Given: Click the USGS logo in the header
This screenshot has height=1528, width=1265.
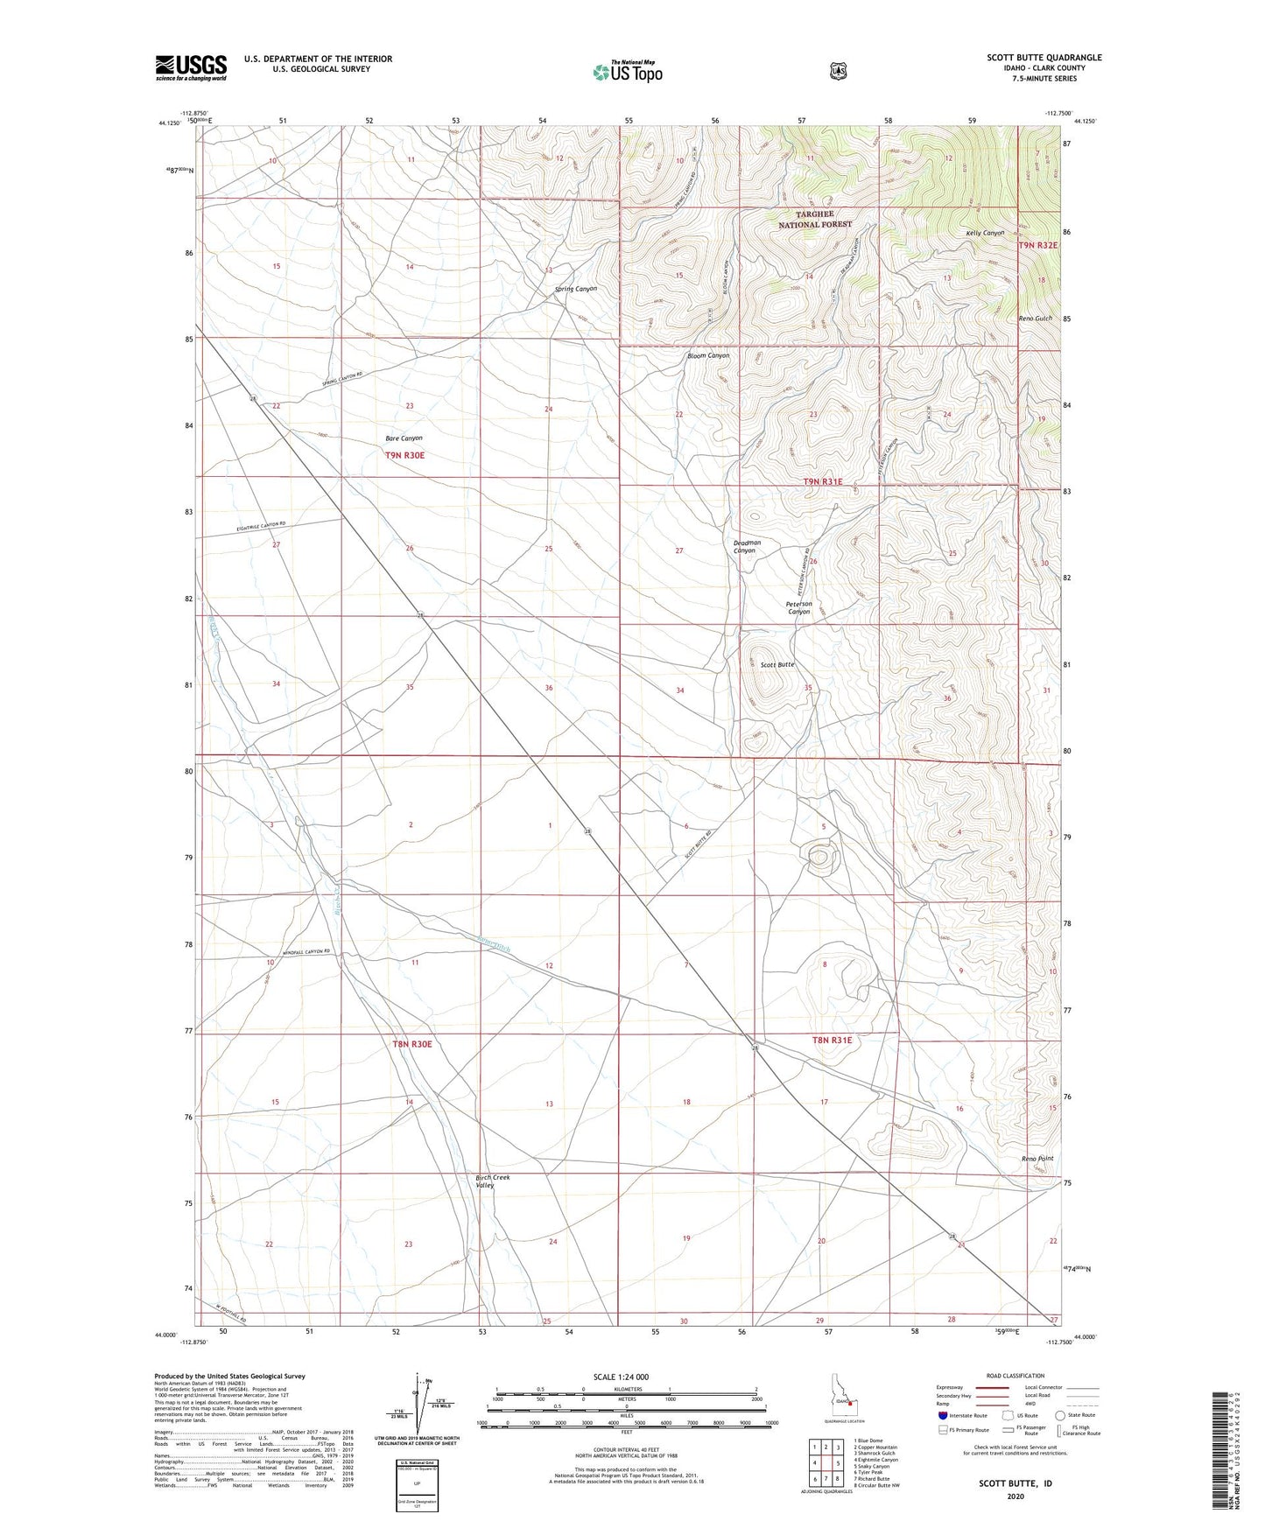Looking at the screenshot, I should pos(191,67).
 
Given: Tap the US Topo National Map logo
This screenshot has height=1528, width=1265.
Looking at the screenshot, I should pos(626,72).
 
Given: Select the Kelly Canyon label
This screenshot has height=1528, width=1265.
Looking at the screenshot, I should pos(985,233).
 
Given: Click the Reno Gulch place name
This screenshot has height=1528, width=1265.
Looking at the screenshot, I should pos(1035,318).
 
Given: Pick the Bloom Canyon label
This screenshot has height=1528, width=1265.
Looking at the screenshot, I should pos(708,355).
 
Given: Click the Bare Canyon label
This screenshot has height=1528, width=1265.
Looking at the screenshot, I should pos(404,438).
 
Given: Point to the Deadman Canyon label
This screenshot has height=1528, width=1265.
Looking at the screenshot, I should pos(747,546).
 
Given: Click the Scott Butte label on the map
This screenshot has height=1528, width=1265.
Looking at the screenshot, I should pos(777,664).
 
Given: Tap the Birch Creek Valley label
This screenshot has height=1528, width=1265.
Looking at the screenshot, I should pos(492,1181).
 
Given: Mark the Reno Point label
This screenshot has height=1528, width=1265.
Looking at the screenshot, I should pos(1037,1158).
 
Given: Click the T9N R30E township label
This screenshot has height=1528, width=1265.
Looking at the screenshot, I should pos(411,455).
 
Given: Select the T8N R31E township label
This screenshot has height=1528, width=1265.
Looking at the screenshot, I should pos(832,1040).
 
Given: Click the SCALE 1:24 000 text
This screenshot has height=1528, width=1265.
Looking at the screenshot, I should pos(621,1377).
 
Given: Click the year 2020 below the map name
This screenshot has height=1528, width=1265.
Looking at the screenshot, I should pos(1016,1496).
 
